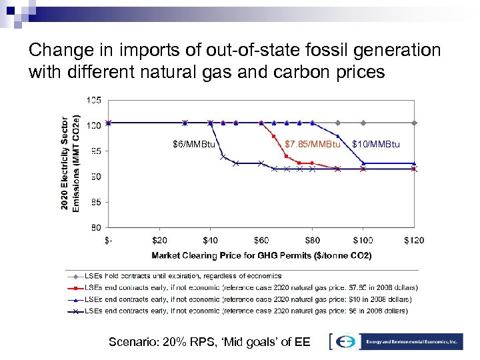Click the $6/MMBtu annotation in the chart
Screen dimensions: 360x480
tap(194, 145)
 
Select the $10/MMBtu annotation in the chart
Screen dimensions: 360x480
tap(375, 145)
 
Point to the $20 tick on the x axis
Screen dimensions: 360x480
tap(159, 240)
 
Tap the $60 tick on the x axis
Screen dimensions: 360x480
tap(261, 240)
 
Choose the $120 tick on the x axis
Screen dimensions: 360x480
tap(414, 240)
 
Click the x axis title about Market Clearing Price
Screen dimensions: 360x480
tap(261, 255)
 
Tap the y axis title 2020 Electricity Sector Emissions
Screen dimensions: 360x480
tap(69, 163)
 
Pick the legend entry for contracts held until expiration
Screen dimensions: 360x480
tap(175, 276)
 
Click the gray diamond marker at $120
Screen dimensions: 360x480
tap(414, 123)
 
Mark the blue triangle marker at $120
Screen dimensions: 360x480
tap(414, 163)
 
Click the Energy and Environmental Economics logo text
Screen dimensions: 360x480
tap(413, 341)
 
